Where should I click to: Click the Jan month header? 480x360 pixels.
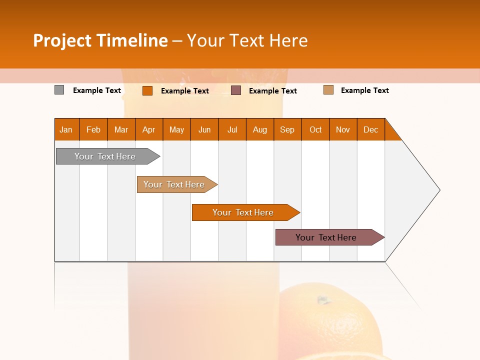(x=66, y=130)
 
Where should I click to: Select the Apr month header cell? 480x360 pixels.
(x=148, y=130)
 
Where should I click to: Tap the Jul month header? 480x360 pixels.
(x=232, y=130)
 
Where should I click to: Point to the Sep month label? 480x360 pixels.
(x=287, y=130)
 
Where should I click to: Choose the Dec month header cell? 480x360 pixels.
(x=370, y=130)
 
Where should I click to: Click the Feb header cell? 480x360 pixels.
(x=93, y=130)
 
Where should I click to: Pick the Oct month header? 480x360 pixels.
(x=315, y=130)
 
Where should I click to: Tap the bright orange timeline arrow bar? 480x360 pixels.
(x=243, y=212)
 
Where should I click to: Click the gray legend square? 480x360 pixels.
(x=59, y=90)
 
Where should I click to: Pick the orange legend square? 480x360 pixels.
(x=147, y=90)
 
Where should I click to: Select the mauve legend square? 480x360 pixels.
(x=236, y=90)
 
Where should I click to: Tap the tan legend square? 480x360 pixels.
(x=328, y=90)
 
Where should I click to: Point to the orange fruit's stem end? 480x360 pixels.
(x=323, y=300)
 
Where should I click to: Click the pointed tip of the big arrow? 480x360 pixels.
(x=439, y=190)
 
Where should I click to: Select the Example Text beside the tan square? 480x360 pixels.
(x=364, y=90)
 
